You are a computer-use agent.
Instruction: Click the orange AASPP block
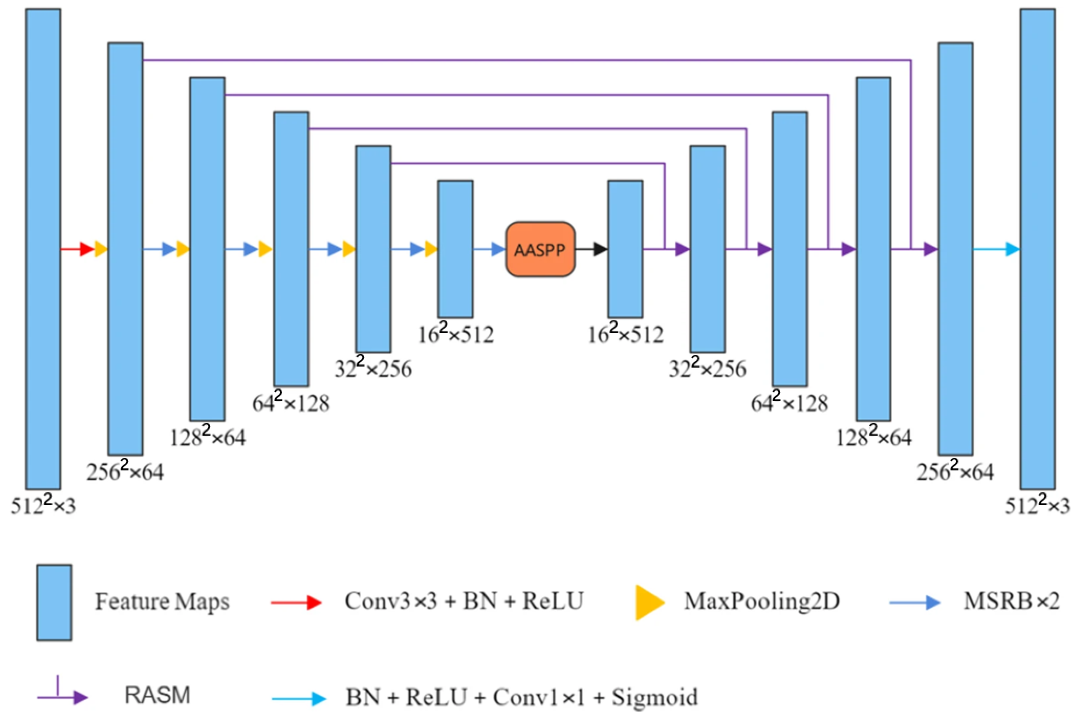click(540, 249)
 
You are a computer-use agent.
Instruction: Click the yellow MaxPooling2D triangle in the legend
click(649, 603)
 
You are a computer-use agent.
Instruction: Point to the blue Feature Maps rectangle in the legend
click(54, 602)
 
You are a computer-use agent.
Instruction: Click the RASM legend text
click(157, 695)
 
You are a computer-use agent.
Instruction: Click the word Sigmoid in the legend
click(655, 697)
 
